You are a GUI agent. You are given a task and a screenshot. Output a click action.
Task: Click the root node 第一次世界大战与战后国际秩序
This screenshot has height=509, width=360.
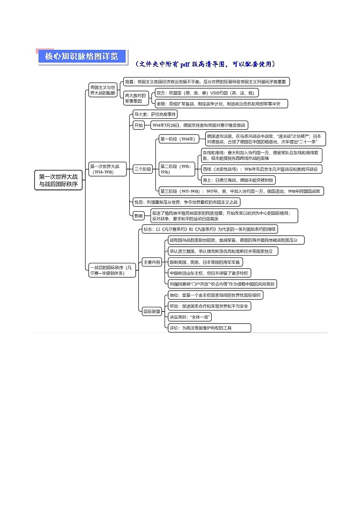58,180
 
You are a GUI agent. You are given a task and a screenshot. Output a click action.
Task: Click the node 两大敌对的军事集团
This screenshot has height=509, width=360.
136,98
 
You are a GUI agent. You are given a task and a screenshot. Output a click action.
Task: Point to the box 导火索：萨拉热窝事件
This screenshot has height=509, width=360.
156,114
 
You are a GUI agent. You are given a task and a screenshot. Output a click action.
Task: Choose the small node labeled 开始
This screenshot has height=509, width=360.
138,125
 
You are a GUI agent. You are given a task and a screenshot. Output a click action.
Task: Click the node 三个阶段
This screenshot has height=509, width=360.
142,169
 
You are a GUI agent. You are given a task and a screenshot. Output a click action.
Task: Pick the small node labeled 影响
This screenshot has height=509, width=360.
138,216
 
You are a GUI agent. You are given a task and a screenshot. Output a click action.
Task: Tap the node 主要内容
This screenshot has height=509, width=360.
152,262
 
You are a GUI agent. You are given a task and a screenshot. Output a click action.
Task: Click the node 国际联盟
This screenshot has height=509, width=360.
152,311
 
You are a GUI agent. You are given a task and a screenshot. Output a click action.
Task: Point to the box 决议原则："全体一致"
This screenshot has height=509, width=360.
190,316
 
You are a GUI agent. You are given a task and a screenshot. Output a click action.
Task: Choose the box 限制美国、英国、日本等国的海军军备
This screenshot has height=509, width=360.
205,262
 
